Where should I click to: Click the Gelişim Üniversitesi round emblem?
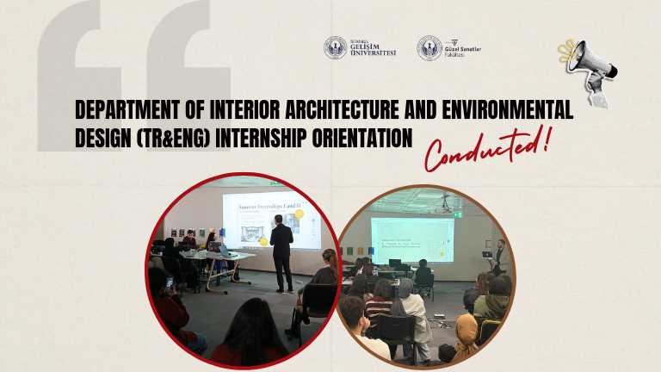pos(336,47)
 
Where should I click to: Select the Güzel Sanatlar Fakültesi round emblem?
pos(429,47)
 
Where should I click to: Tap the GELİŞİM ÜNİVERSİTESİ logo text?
pos(372,48)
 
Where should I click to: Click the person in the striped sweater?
pos(378,310)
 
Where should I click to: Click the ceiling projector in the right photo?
pos(444,204)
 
